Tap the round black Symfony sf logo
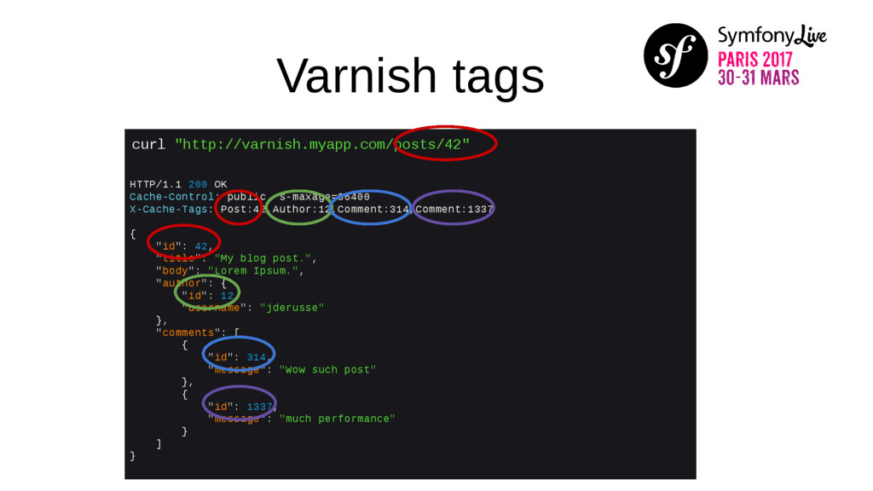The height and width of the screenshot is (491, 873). coord(675,55)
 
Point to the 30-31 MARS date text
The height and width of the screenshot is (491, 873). coord(758,78)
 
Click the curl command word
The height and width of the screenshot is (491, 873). coord(148,144)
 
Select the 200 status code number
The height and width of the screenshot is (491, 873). coord(198,184)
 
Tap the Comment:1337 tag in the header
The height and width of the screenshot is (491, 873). coord(454,209)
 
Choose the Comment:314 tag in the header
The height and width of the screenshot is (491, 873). coord(373,209)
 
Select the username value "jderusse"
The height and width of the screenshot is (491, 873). coord(292,308)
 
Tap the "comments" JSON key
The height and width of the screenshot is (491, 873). coord(188,332)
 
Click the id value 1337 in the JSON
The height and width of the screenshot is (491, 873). coord(260,407)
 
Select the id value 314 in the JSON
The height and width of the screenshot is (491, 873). coord(257,357)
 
